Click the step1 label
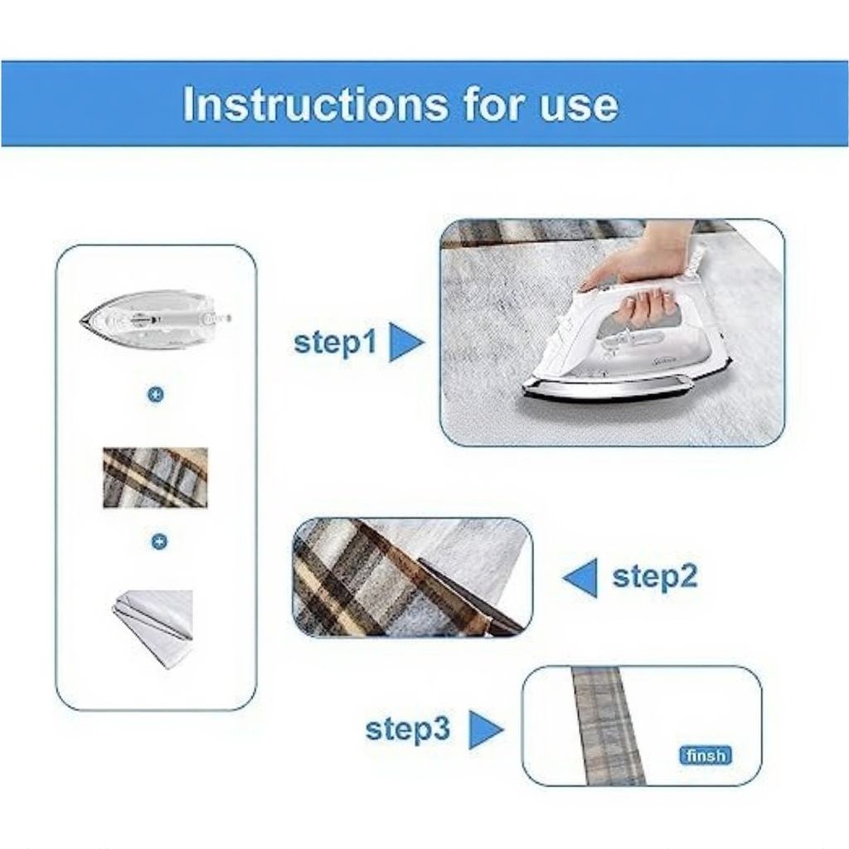pyautogui.click(x=335, y=342)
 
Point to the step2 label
pyautogui.click(x=655, y=575)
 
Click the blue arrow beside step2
pyautogui.click(x=581, y=577)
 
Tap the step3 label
pyautogui.click(x=408, y=729)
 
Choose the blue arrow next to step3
pyautogui.click(x=486, y=730)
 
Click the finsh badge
pyautogui.click(x=705, y=755)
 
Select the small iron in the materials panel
pyautogui.click(x=156, y=317)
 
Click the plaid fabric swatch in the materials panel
pyautogui.click(x=155, y=478)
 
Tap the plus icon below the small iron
pyautogui.click(x=156, y=395)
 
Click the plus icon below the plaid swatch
pyautogui.click(x=159, y=541)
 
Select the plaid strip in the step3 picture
pyautogui.click(x=608, y=725)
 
